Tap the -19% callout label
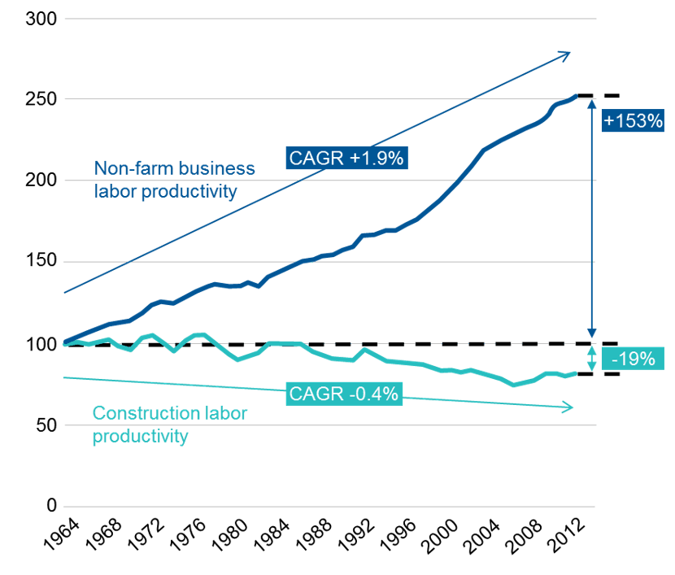634,359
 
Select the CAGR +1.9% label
345,158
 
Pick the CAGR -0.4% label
344,395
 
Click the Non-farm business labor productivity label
175,180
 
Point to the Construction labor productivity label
170,425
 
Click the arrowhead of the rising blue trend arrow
565,54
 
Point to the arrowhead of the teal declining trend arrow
568,407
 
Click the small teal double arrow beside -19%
591,359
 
